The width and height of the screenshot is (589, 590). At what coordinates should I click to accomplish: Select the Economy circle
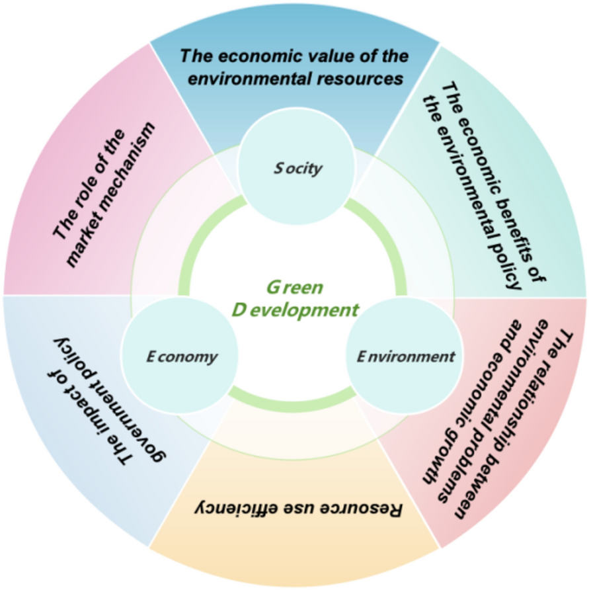181,357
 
